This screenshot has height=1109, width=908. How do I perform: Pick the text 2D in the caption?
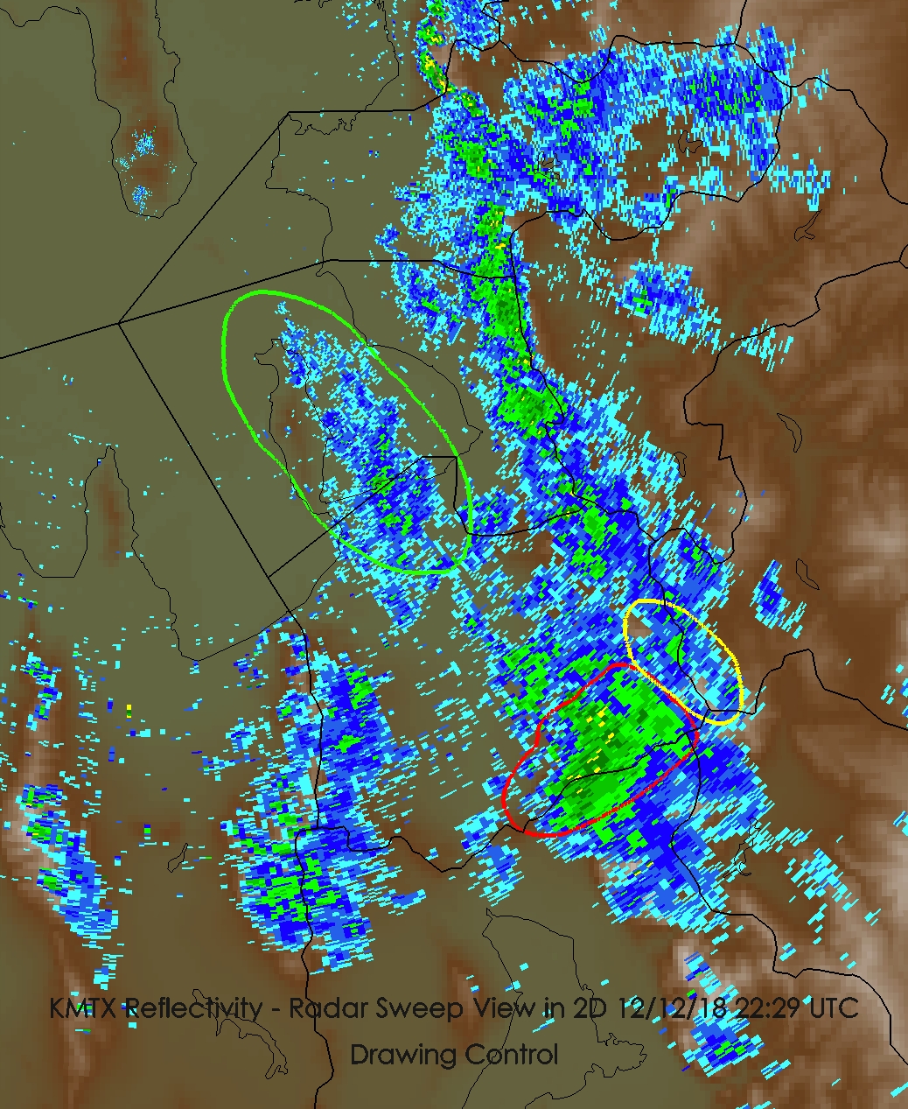tap(592, 1008)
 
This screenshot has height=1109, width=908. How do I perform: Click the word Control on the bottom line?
tap(511, 1055)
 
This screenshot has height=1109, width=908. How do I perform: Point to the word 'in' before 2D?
tap(555, 1008)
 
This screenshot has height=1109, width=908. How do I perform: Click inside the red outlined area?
tap(604, 753)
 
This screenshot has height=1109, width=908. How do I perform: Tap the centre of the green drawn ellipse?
tap(347, 432)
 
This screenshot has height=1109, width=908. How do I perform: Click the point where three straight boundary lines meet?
tap(119, 324)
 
